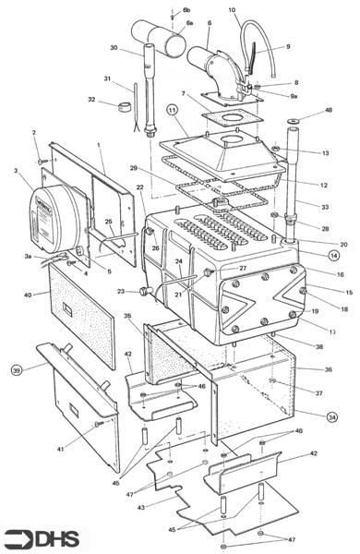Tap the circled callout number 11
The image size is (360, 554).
coord(172,110)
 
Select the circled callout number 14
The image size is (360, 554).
coord(333,255)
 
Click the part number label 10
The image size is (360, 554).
coord(232,10)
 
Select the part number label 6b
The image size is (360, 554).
coord(187,9)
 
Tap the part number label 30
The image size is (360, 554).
coord(113,48)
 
